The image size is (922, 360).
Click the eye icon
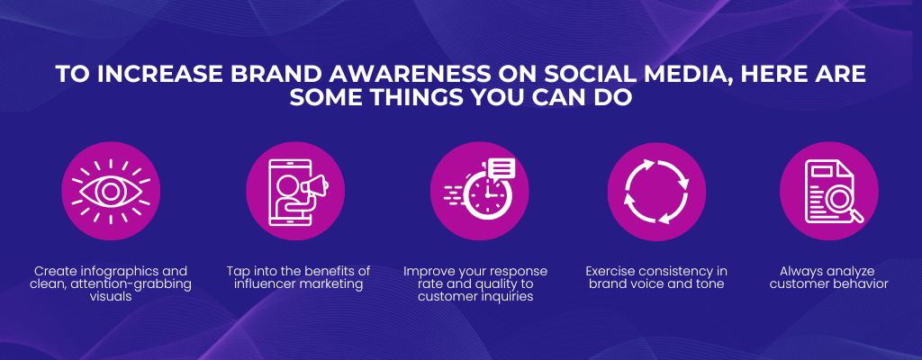[111, 191]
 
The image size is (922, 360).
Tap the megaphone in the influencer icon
[314, 187]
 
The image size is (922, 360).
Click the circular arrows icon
[656, 191]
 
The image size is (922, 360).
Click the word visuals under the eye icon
[111, 297]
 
